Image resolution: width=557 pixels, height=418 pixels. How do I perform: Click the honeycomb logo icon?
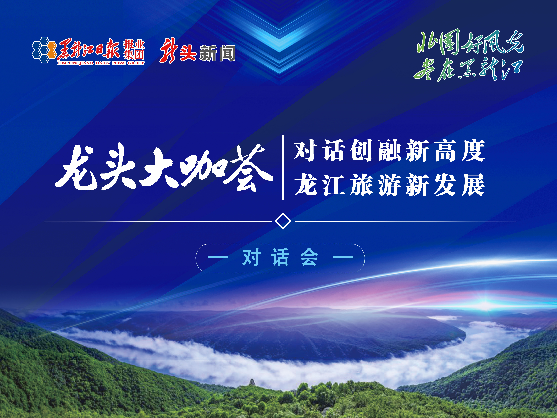pos(44,50)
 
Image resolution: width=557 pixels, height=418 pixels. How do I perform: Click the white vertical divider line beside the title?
pos(283,167)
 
